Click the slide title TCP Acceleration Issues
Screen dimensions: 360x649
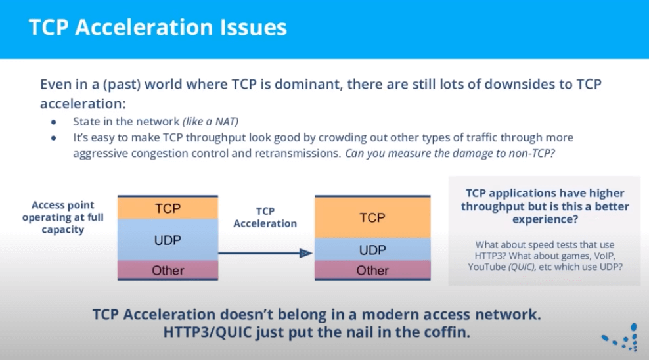(158, 28)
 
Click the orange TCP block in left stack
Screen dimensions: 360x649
(168, 208)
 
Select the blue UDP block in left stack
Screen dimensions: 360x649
(168, 240)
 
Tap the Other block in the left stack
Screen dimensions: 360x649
(168, 270)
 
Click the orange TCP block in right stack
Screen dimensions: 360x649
(372, 217)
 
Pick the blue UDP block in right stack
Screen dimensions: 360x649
(372, 250)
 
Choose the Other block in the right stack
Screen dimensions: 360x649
(372, 270)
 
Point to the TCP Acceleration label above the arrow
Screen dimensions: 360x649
(265, 217)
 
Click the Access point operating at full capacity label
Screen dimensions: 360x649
(63, 217)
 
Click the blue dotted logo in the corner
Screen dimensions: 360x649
(621, 337)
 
